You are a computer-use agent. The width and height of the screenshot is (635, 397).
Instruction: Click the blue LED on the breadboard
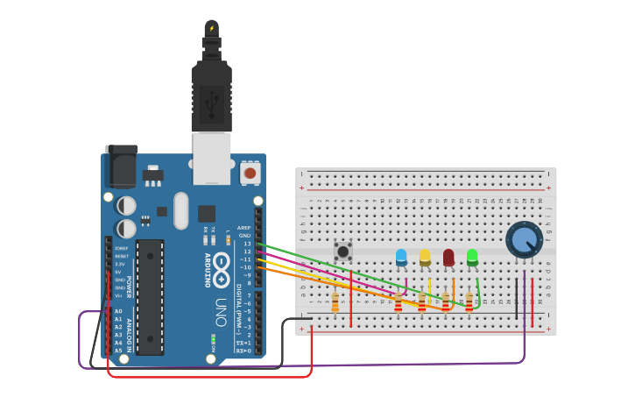(x=401, y=257)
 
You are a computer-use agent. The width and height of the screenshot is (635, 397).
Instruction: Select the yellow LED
(x=425, y=257)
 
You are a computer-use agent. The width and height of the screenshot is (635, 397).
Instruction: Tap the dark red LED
(x=448, y=257)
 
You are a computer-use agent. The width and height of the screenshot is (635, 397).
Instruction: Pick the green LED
(x=472, y=257)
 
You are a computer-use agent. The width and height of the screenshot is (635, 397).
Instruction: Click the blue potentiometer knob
(x=524, y=239)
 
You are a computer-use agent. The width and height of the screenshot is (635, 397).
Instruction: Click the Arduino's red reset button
(x=250, y=174)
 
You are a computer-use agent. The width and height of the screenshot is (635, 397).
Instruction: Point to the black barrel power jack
(x=121, y=166)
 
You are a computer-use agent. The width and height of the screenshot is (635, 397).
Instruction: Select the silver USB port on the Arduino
(x=212, y=158)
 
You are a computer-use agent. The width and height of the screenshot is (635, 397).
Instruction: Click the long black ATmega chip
(x=149, y=297)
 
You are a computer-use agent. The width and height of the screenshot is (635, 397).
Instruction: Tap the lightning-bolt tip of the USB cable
(x=211, y=28)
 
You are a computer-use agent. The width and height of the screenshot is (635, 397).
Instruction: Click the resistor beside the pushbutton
(x=335, y=302)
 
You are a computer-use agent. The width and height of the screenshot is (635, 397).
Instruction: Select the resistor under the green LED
(x=469, y=302)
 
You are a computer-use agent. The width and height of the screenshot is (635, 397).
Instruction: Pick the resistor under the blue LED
(x=399, y=302)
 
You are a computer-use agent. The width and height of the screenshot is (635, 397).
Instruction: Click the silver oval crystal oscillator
(x=181, y=210)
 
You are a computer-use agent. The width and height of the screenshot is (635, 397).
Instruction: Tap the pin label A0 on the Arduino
(x=118, y=311)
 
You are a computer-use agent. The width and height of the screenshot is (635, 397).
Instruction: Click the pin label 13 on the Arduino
(x=247, y=244)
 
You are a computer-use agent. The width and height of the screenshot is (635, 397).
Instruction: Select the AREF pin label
(x=243, y=228)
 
